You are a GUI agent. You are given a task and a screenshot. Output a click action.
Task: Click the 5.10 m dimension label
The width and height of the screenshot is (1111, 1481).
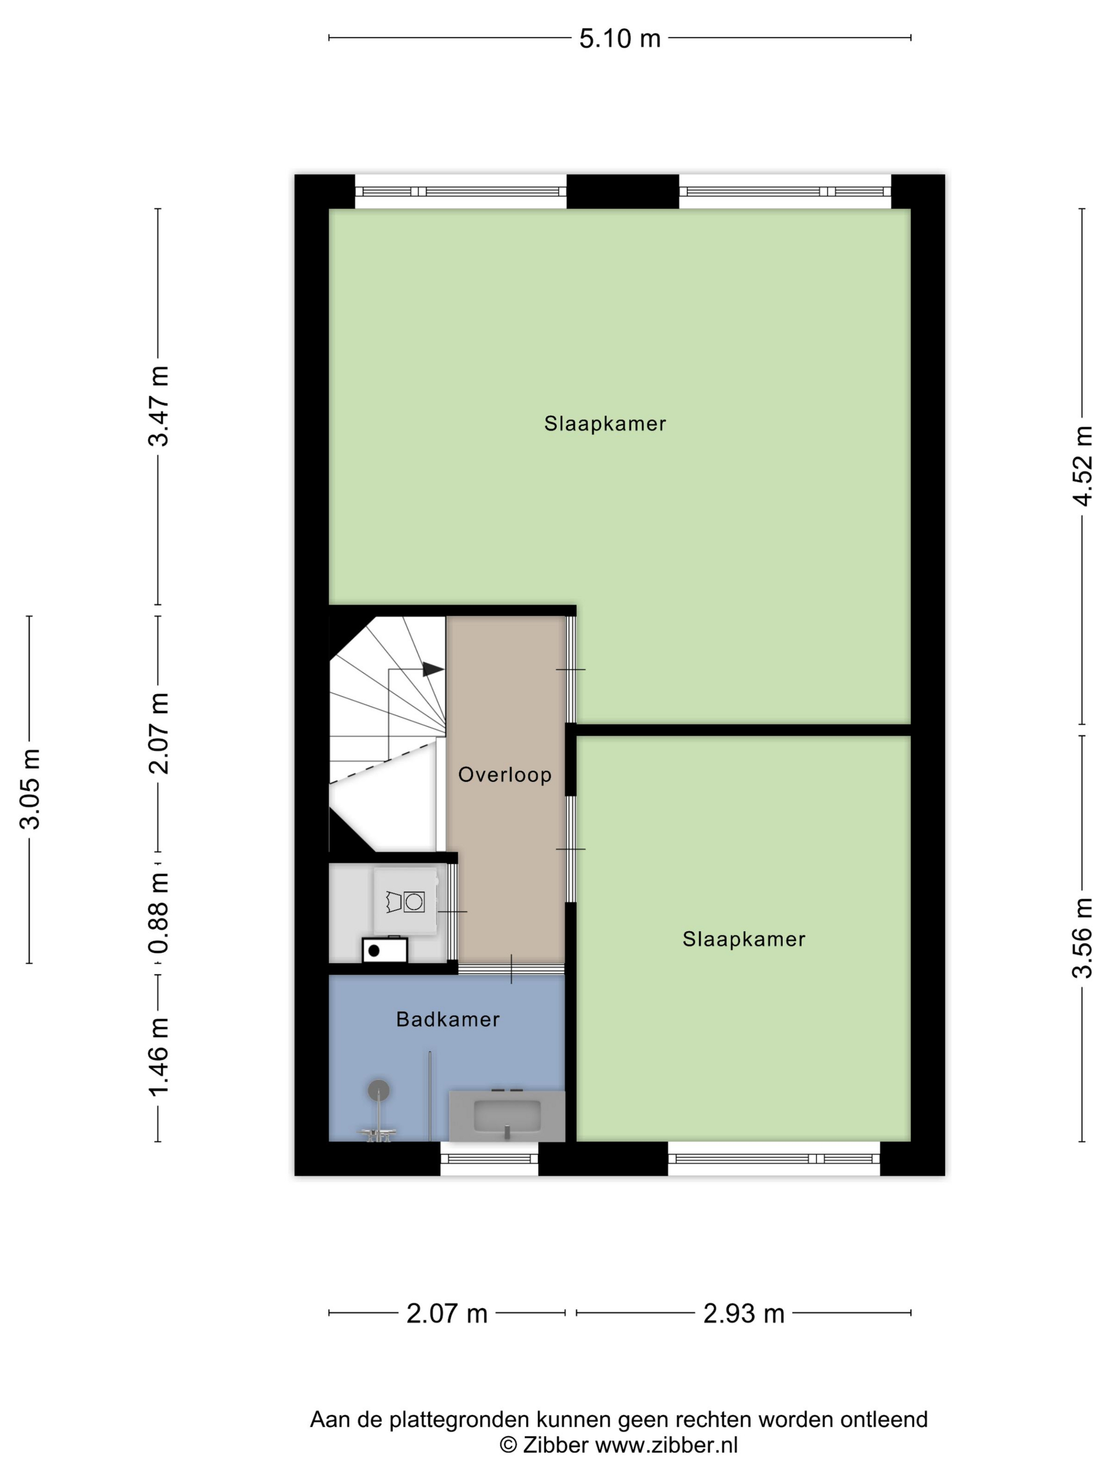coord(620,39)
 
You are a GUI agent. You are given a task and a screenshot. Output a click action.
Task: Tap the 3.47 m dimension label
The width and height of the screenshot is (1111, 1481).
coord(159,406)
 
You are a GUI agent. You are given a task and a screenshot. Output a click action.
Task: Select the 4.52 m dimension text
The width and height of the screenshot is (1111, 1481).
coord(1082,465)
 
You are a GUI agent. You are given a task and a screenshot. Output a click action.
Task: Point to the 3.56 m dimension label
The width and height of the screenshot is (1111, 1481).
coord(1082,937)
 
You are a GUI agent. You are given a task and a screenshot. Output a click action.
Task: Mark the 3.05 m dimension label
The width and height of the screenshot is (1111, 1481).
coord(30,789)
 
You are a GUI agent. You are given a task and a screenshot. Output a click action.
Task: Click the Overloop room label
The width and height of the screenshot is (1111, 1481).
coord(505,775)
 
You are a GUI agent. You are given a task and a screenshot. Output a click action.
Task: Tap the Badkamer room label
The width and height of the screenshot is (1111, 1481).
coord(448,1020)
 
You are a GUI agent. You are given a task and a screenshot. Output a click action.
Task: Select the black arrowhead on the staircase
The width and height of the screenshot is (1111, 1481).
coord(433,669)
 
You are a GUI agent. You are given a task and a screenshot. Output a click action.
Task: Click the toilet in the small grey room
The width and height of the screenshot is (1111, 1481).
coord(405,901)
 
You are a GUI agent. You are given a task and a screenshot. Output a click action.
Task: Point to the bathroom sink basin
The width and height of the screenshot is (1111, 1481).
coord(507,1116)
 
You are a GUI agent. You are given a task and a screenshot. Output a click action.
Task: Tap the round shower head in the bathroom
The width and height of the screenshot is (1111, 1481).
coord(379,1091)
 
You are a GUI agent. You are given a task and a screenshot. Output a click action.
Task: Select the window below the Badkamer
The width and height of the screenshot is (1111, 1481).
coord(489,1158)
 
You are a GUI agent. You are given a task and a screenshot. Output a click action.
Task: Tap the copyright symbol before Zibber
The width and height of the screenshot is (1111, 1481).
coord(508,1446)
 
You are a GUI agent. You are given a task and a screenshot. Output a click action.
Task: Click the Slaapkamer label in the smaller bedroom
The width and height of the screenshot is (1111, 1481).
coord(743,939)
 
